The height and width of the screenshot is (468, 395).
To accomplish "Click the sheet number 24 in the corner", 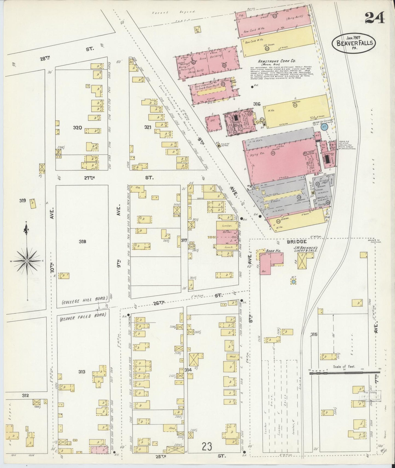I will pos(374,18).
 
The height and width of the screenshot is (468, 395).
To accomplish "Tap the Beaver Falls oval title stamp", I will pos(354,43).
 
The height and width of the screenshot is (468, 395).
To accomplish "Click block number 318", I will pos(82,241).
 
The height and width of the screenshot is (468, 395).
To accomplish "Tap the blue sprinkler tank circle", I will pos(324,127).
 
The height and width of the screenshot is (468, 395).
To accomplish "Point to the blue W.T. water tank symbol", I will pos(293,282).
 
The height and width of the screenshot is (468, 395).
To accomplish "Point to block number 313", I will pos(81,372).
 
